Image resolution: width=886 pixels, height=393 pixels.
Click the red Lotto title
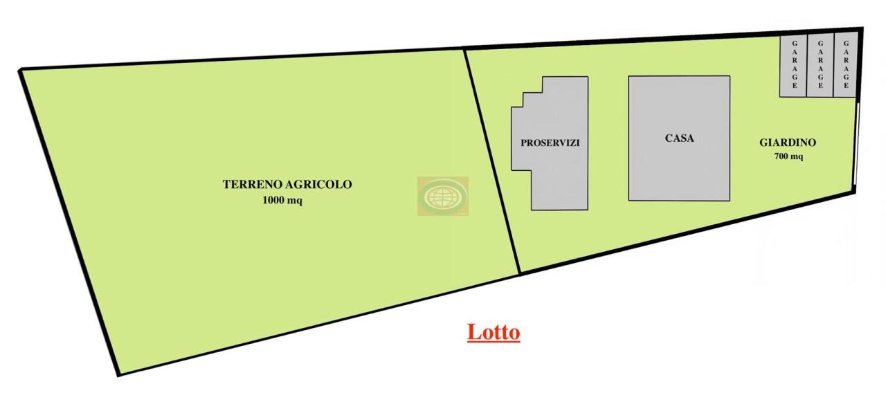coord(494,332)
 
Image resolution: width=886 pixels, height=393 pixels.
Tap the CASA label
coord(679,138)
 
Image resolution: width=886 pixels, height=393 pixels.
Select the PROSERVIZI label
coord(550,143)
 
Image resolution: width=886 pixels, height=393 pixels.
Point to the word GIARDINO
coord(788,143)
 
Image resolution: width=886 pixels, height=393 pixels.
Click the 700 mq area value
coord(788,156)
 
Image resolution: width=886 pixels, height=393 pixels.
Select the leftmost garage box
coord(793,66)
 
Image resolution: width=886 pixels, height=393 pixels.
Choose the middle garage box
coord(820,66)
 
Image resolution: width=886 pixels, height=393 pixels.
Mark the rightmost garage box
coord(845,66)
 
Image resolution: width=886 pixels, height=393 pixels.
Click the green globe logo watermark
coord(442,196)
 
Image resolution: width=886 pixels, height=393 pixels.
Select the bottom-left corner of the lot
coord(118,374)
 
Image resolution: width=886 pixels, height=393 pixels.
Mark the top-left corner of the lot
coord(21,70)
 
